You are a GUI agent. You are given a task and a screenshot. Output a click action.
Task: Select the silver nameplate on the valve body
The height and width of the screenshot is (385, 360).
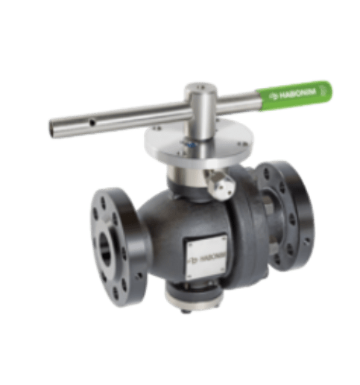[206, 254]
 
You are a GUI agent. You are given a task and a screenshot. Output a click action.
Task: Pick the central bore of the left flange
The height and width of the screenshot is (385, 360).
[104, 248]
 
